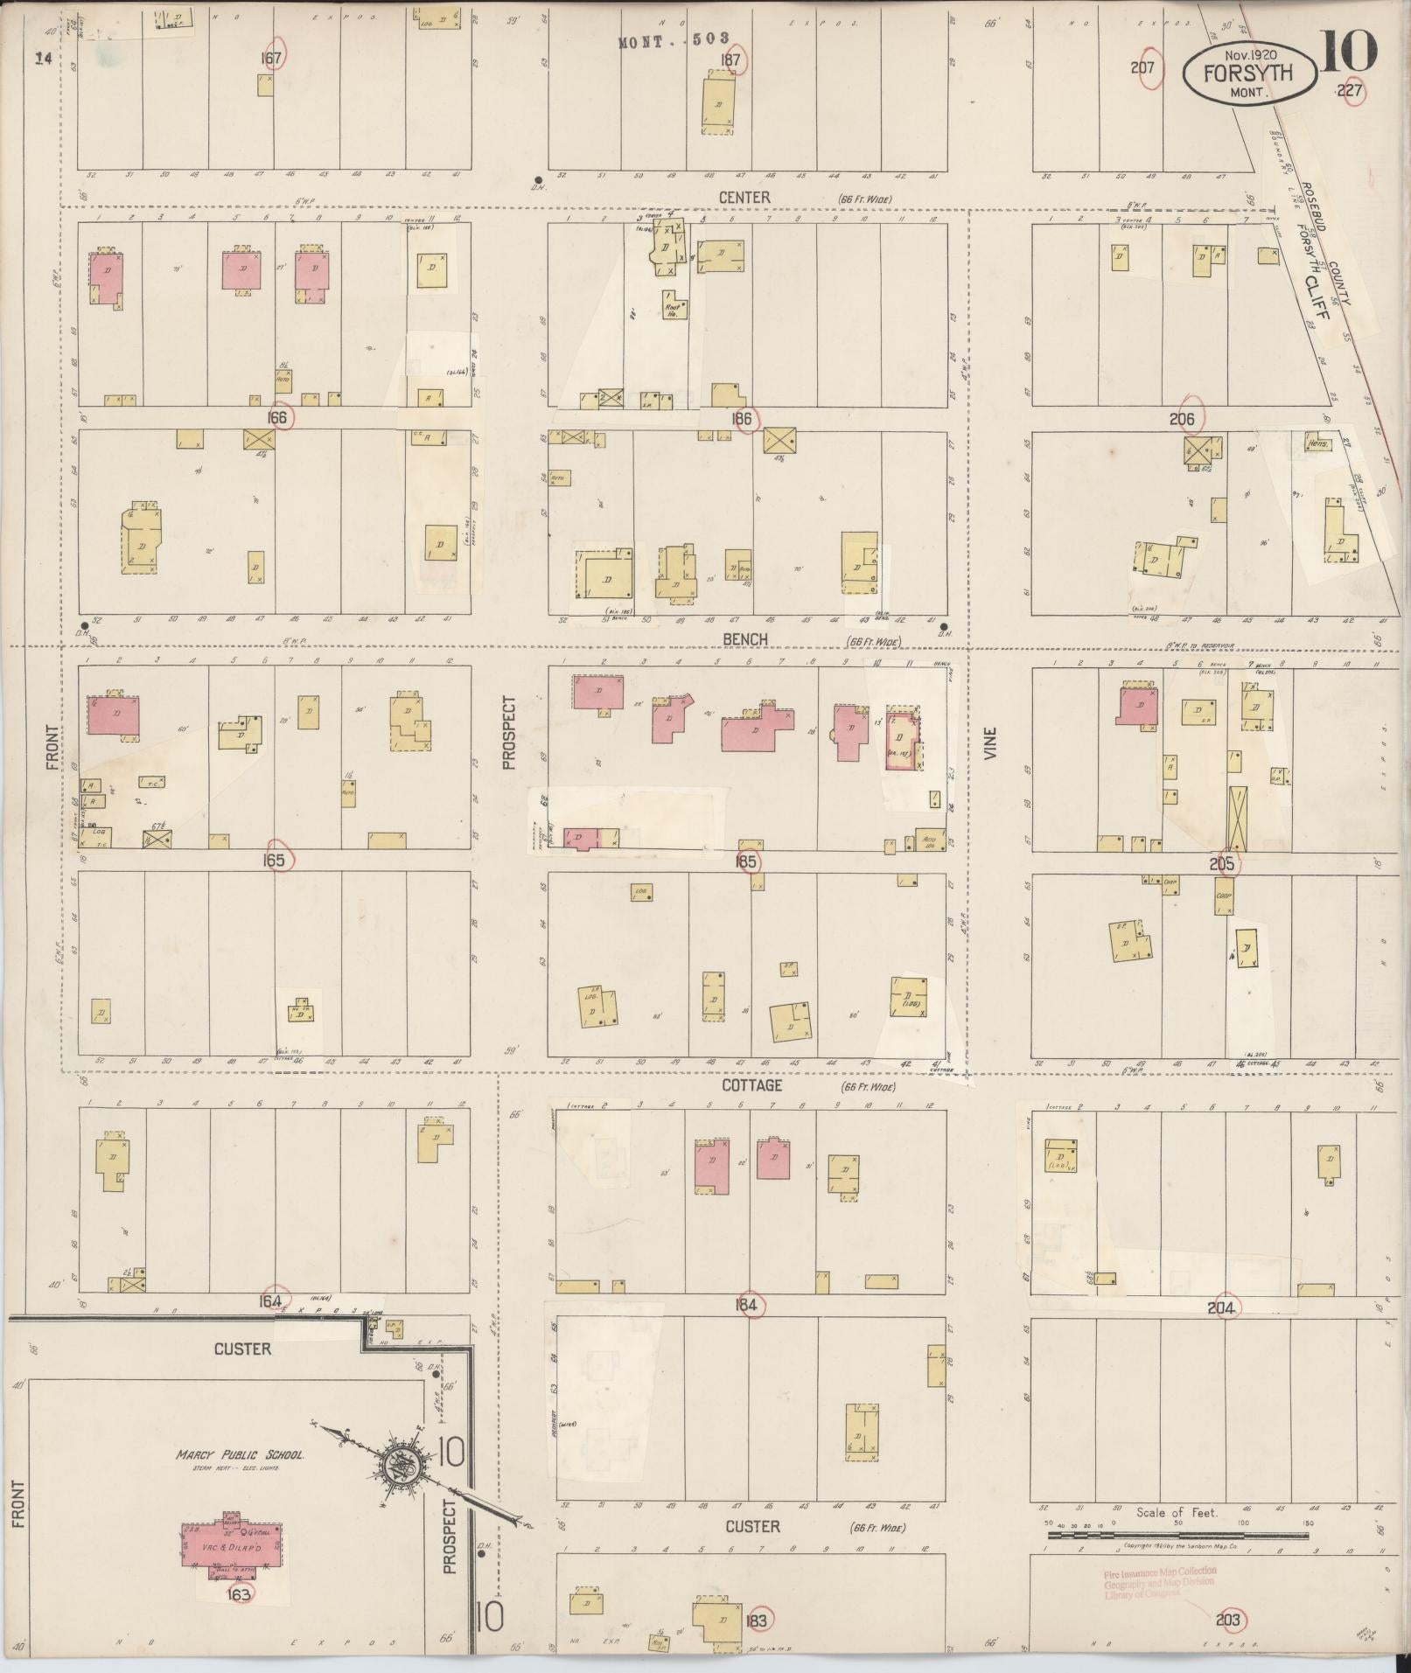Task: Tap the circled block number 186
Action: pyautogui.click(x=744, y=419)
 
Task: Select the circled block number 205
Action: pyautogui.click(x=1222, y=864)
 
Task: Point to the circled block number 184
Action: pyautogui.click(x=748, y=1306)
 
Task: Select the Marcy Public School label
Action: pyautogui.click(x=240, y=1455)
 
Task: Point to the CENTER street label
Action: pyautogui.click(x=744, y=198)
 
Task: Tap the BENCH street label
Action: pyautogui.click(x=745, y=639)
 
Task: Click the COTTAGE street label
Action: pyautogui.click(x=751, y=1084)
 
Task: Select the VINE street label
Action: pyautogui.click(x=990, y=742)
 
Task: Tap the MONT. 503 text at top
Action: pyautogui.click(x=680, y=42)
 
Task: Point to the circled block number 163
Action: pyautogui.click(x=238, y=1594)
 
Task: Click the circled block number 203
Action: pyautogui.click(x=1228, y=1620)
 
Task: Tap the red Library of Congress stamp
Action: pyautogui.click(x=1159, y=1582)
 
